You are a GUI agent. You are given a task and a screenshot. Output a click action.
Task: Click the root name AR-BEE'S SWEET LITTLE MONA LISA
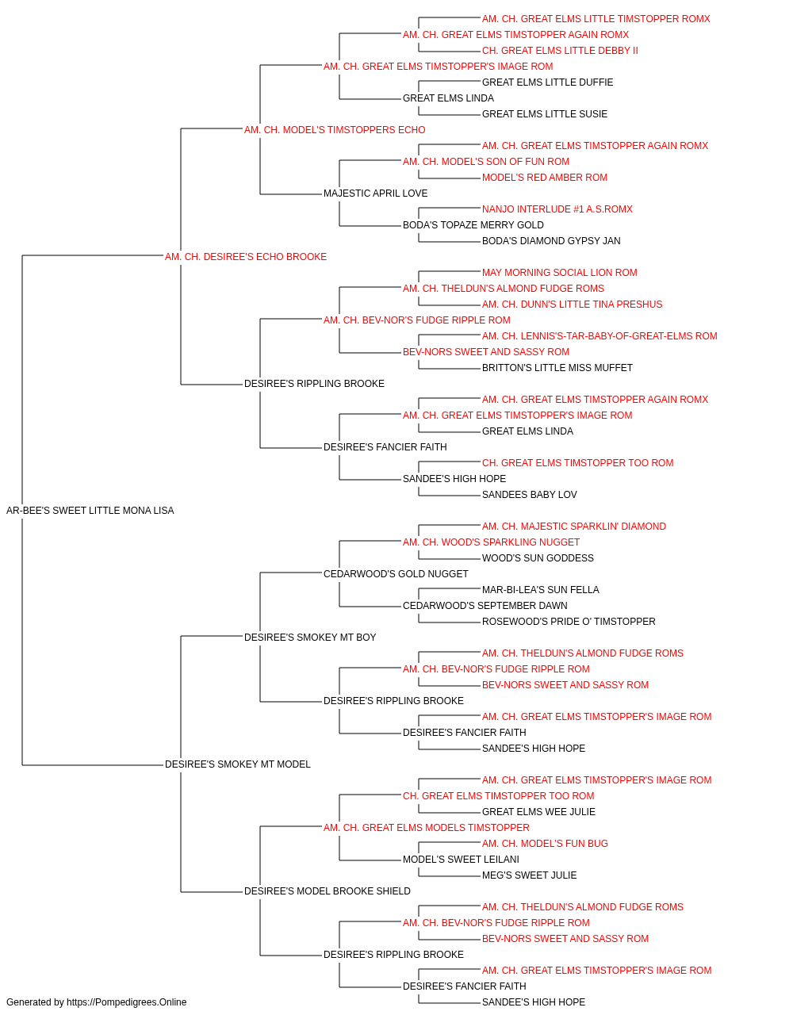[90, 511]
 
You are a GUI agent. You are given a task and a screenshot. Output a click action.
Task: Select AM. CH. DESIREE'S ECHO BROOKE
[246, 257]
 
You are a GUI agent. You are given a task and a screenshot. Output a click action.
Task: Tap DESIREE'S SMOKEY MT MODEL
[238, 764]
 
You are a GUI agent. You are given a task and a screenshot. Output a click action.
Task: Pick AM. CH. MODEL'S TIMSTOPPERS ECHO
[335, 130]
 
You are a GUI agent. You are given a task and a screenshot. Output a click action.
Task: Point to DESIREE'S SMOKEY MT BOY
[310, 638]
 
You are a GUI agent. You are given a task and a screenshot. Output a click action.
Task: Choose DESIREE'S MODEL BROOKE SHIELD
[328, 891]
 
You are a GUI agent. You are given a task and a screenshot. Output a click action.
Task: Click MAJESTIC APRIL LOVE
[375, 193]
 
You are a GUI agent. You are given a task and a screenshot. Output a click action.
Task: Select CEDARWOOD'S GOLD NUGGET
[396, 574]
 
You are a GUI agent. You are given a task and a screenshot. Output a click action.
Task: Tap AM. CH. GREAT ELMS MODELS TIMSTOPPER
[427, 828]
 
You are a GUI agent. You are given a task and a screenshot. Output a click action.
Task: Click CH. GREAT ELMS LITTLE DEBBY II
[560, 51]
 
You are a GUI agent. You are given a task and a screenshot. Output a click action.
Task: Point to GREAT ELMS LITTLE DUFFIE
[547, 82]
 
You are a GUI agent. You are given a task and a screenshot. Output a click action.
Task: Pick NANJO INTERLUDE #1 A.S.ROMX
[557, 209]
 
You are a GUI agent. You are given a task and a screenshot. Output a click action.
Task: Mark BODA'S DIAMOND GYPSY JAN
[551, 241]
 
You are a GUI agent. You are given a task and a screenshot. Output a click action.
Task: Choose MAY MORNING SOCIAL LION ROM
[560, 273]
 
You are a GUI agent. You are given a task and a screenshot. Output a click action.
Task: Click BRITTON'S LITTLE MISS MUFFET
[557, 368]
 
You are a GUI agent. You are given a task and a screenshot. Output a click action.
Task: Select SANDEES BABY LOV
[530, 495]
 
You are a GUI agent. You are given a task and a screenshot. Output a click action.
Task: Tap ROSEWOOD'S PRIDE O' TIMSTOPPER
[569, 622]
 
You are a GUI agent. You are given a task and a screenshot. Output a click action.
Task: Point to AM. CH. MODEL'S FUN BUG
[545, 844]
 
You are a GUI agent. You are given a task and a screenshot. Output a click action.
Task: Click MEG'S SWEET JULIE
[530, 875]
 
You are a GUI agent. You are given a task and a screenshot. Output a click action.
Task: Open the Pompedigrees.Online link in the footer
[127, 1002]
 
